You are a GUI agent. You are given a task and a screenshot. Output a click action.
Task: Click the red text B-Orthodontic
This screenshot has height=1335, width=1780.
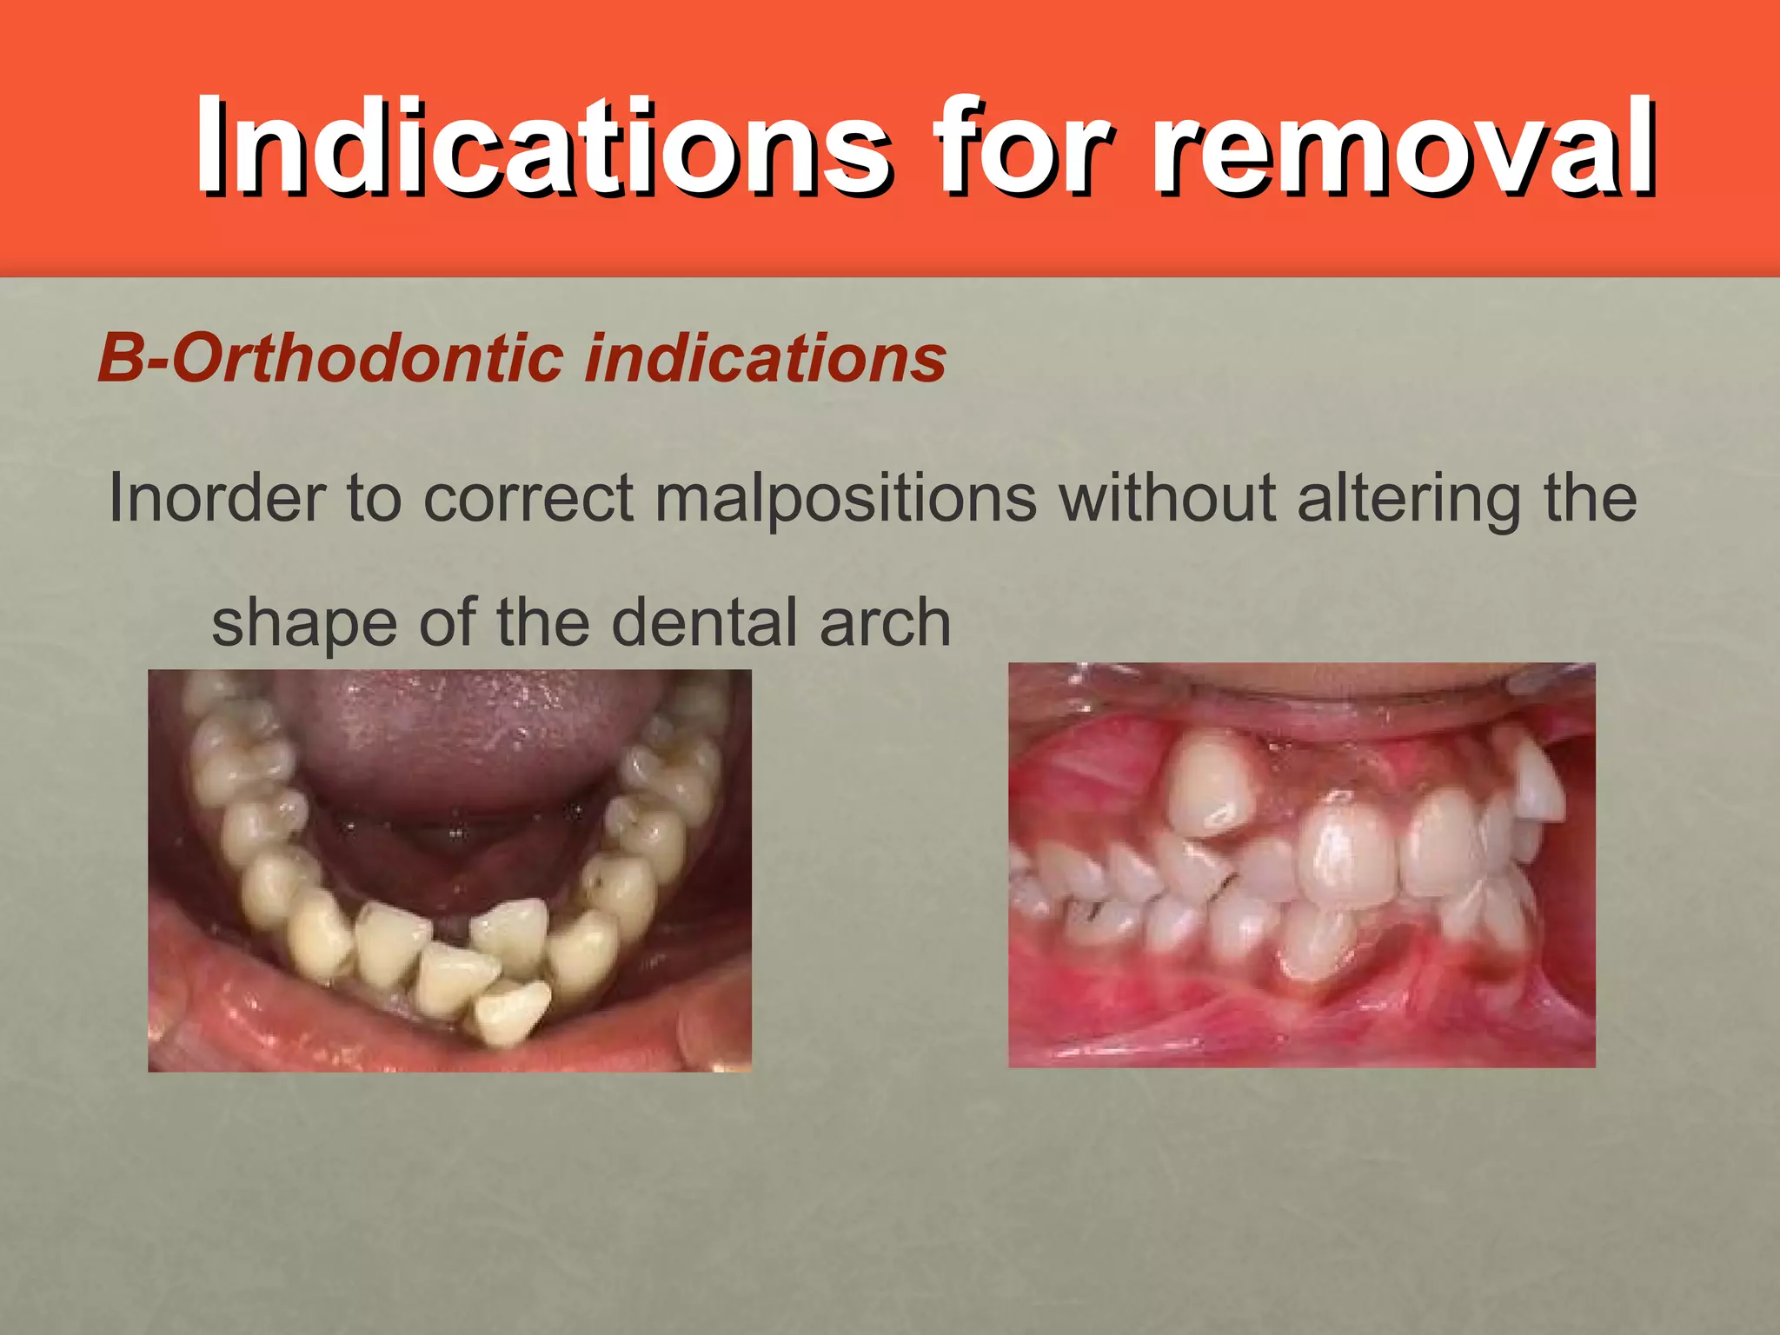point(330,358)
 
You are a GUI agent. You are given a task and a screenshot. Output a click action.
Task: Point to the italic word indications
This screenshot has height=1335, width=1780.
point(765,358)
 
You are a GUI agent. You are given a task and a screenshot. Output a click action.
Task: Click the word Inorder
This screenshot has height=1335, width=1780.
point(216,499)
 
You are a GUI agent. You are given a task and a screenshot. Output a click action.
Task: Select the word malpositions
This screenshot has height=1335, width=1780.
point(845,499)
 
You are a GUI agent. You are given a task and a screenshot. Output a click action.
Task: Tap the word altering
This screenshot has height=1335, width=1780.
point(1409,499)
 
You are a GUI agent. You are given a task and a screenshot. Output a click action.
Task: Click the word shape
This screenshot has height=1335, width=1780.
point(304,623)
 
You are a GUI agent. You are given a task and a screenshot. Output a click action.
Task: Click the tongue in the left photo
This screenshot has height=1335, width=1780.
point(469,739)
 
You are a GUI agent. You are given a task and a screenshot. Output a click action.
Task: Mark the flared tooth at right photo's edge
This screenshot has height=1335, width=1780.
point(1538,782)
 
